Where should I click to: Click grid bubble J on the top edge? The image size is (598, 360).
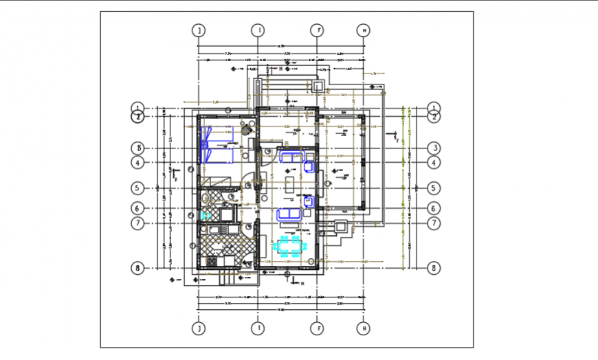pos(199,30)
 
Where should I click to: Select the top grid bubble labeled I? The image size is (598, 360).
pos(258,30)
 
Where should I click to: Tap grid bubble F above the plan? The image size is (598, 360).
pos(317,30)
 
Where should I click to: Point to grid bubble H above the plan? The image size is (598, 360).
pos(364,30)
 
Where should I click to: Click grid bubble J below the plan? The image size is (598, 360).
pos(199,330)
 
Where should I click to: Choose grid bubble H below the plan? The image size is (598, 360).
pos(364,330)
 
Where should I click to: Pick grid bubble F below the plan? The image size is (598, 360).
pos(317,330)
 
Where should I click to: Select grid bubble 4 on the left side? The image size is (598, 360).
pos(138,163)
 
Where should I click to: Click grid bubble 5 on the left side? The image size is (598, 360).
pos(138,188)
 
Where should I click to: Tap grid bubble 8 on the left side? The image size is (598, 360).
pos(138,268)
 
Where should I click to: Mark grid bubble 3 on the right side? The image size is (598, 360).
pos(434,148)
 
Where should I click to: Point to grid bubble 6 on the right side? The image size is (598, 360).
pos(434,208)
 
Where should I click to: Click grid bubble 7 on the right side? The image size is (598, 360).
pos(434,223)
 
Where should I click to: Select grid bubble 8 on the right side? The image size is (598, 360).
pos(434,268)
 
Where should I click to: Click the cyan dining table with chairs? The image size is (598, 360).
pos(289,246)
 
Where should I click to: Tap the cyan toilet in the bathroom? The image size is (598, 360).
pos(204,215)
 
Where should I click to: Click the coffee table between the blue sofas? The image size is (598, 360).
pos(289,184)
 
